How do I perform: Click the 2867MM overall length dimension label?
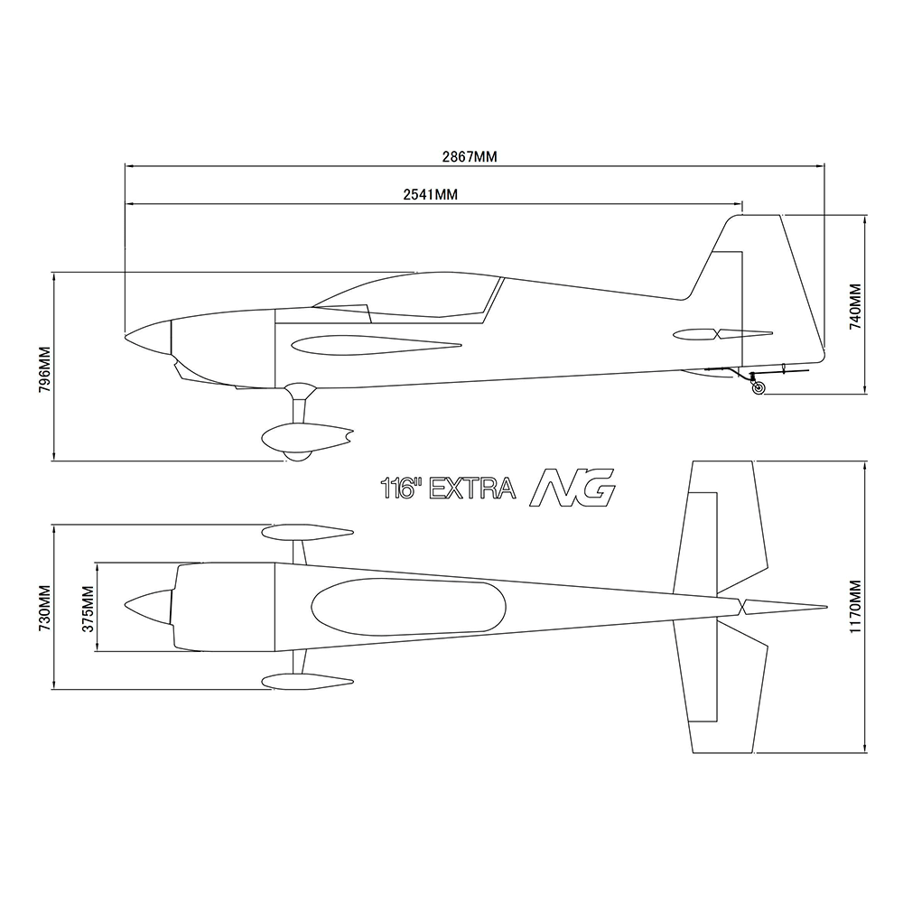(470, 156)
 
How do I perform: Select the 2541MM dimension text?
(430, 195)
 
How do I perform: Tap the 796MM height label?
(45, 369)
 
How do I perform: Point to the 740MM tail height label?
(856, 306)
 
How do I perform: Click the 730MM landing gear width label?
(45, 608)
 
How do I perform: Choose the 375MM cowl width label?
(88, 609)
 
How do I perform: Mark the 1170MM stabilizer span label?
(856, 607)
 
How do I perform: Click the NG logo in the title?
(572, 488)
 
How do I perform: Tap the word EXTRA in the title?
(473, 489)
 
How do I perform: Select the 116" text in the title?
(401, 489)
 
